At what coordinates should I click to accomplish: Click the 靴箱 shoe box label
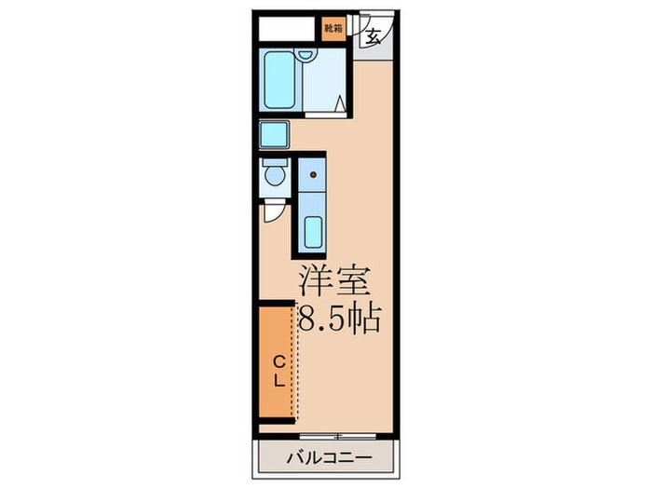pos(333,28)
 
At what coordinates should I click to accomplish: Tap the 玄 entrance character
pos(373,38)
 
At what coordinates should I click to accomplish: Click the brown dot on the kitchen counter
pos(314,174)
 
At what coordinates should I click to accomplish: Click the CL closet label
pos(278,369)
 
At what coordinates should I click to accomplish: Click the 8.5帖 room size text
pos(339,320)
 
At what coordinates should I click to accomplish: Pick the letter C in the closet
pos(278,360)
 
